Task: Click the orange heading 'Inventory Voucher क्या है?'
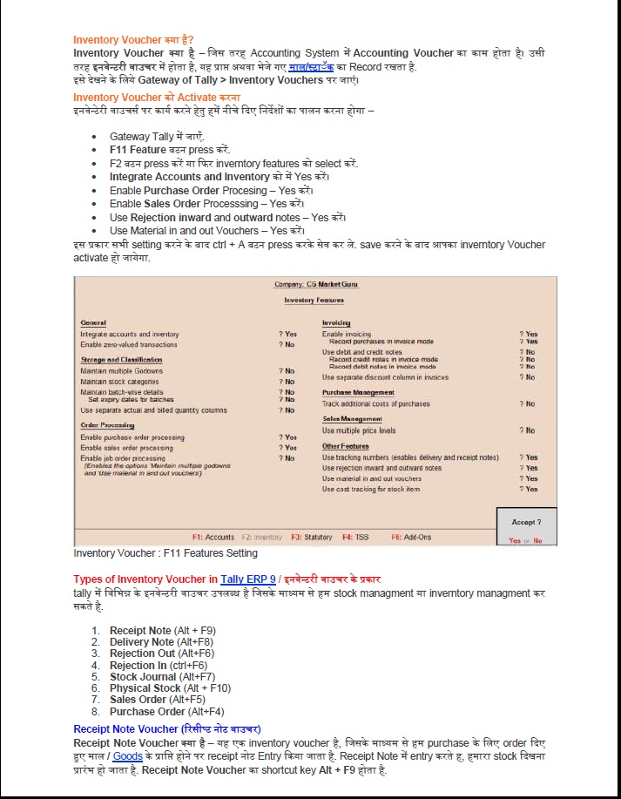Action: pyautogui.click(x=133, y=40)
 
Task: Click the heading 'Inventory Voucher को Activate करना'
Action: pyautogui.click(x=157, y=97)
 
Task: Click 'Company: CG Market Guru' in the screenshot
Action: pyautogui.click(x=315, y=284)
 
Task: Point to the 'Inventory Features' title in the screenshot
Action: pyautogui.click(x=314, y=300)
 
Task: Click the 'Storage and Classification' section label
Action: pyautogui.click(x=121, y=360)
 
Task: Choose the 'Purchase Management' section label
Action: pyautogui.click(x=358, y=393)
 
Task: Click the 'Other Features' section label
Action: pyautogui.click(x=346, y=446)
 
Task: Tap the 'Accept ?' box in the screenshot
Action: pyautogui.click(x=526, y=522)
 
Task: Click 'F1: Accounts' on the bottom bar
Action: pyautogui.click(x=213, y=538)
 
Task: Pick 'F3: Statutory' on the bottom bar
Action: pyautogui.click(x=312, y=538)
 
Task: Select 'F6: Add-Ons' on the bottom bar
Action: pyautogui.click(x=411, y=538)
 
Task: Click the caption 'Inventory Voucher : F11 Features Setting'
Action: pyautogui.click(x=165, y=553)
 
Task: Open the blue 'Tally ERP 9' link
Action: pyautogui.click(x=248, y=579)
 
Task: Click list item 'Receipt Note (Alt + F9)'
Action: pyautogui.click(x=162, y=630)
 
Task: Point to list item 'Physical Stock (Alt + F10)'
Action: pyautogui.click(x=170, y=688)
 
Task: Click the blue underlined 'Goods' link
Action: pyautogui.click(x=127, y=757)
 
